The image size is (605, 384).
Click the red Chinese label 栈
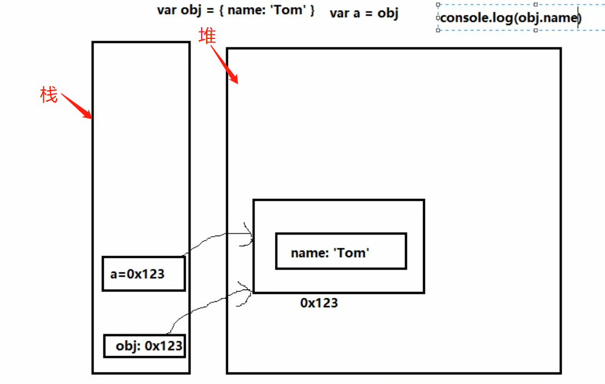coord(49,95)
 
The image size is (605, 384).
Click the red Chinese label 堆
coord(207,36)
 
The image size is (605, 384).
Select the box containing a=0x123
coord(143,273)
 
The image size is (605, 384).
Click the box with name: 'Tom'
coord(341,251)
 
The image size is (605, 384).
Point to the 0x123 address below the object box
coord(319,303)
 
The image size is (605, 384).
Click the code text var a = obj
coord(364,13)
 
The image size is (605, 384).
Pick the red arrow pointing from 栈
coord(77,106)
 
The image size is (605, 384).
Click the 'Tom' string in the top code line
coord(289,10)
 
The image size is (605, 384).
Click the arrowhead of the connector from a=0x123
coord(249,234)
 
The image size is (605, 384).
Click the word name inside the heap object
coord(308,253)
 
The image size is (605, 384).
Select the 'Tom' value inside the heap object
coord(352,253)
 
